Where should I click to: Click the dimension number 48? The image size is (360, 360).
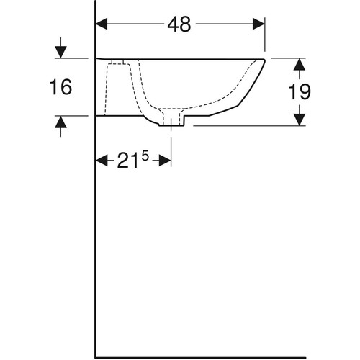pos(179,24)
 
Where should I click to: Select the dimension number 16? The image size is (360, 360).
pos(60,86)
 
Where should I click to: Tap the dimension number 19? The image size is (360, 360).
pos(300,91)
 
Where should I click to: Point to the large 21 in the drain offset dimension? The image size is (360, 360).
pos(127,161)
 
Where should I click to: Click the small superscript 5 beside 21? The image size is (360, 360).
pos(145,157)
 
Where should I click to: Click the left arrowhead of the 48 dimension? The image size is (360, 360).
pos(102,24)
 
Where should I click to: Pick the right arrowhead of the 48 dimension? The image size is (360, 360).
pos(258,24)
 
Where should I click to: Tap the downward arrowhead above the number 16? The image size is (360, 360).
pos(60,52)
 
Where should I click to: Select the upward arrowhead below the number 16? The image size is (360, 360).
pos(60,122)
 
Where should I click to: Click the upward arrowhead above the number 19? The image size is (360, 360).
pos(300,64)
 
